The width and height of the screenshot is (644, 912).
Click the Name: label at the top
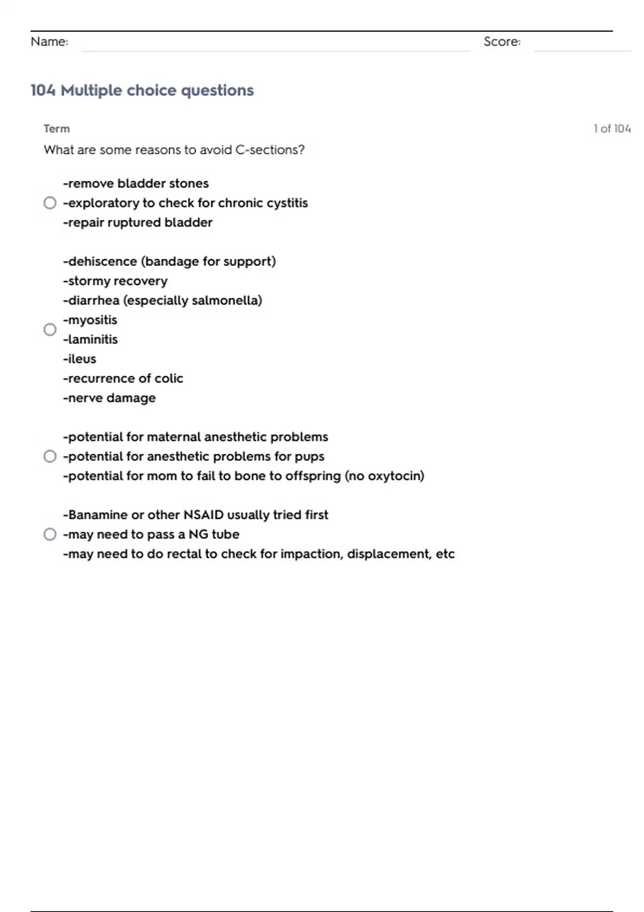(x=49, y=42)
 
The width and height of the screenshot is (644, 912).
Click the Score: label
(x=502, y=42)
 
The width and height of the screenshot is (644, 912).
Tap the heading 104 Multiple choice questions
(x=142, y=90)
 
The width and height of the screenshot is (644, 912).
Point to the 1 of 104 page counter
(x=612, y=129)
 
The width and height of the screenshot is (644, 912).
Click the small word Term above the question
(x=56, y=129)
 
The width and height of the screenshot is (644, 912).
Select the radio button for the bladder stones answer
(x=50, y=203)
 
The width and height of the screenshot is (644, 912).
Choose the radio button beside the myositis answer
(x=50, y=329)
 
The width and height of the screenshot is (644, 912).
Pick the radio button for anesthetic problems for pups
(x=50, y=457)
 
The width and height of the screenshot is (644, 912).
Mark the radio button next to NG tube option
(x=50, y=534)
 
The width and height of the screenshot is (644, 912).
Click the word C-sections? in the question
(x=270, y=150)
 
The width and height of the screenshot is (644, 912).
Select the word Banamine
(x=98, y=515)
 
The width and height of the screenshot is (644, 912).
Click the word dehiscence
(x=102, y=262)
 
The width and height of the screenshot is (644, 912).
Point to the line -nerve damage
(x=109, y=398)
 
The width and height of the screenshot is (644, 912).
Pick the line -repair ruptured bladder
(x=137, y=223)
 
